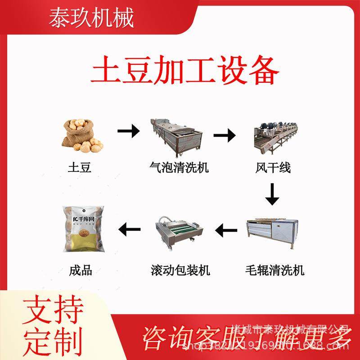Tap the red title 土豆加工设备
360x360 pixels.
[185, 72]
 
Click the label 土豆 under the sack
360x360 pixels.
[80, 168]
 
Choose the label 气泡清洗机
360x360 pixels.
[179, 168]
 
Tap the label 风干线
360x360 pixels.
[273, 168]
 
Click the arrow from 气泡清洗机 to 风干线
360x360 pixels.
[225, 134]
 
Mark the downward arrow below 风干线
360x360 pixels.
[272, 194]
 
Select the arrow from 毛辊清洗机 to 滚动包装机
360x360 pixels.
[226, 231]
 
